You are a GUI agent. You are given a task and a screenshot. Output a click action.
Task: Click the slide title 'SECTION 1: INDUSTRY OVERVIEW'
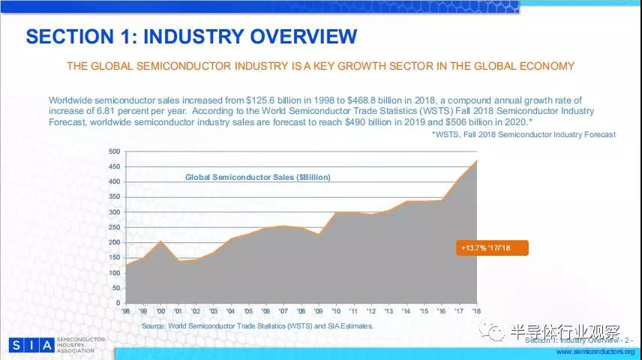[x=191, y=36]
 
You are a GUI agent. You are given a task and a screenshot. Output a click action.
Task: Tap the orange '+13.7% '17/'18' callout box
[x=493, y=247]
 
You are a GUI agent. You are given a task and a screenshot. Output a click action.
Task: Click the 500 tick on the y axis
[x=114, y=151]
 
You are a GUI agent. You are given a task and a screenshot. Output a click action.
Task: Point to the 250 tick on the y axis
[x=114, y=227]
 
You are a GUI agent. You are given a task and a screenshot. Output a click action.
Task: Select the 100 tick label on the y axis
[x=114, y=273]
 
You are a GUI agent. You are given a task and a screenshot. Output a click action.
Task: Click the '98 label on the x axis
[x=125, y=310]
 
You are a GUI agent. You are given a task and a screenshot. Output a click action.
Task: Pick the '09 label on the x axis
[x=319, y=310]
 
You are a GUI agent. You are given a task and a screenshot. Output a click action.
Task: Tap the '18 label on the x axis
[x=477, y=310]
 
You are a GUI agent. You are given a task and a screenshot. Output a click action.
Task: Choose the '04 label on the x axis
[x=232, y=310]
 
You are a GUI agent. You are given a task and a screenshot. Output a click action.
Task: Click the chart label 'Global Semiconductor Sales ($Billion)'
[x=258, y=177]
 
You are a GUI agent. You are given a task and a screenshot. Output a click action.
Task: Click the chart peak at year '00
[x=160, y=241]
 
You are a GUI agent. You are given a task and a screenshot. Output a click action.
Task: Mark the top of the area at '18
[x=477, y=160]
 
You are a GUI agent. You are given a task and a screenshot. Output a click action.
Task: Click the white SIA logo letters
[x=31, y=345]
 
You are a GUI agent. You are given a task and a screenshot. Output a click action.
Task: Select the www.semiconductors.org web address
[x=595, y=351]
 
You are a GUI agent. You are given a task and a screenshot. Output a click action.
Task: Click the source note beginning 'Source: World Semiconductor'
[x=257, y=326]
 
